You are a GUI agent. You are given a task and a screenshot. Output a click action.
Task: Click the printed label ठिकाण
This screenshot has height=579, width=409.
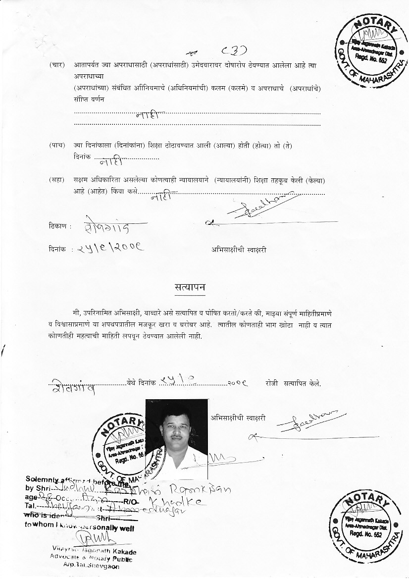pyautogui.click(x=57, y=226)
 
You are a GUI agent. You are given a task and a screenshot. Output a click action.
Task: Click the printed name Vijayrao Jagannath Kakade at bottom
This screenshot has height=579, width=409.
pyautogui.click(x=94, y=552)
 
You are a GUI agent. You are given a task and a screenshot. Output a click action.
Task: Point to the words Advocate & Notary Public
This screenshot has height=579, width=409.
pyautogui.click(x=92, y=559)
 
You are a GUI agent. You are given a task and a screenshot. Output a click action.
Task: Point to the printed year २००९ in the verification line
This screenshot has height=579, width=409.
pyautogui.click(x=238, y=383)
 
